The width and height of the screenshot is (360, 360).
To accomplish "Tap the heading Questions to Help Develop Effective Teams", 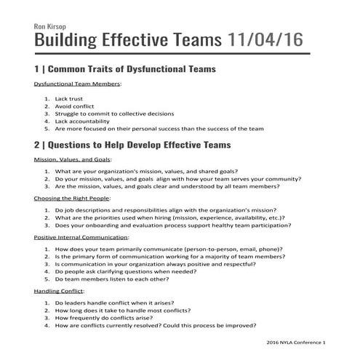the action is pos(138,145).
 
